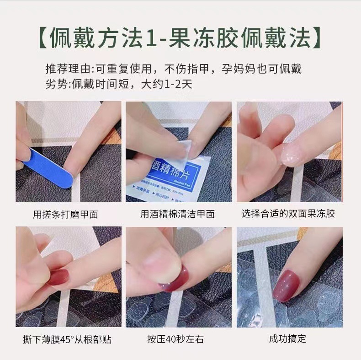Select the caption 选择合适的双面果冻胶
point(288,214)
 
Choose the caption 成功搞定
point(288,339)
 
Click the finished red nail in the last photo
point(288,285)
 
